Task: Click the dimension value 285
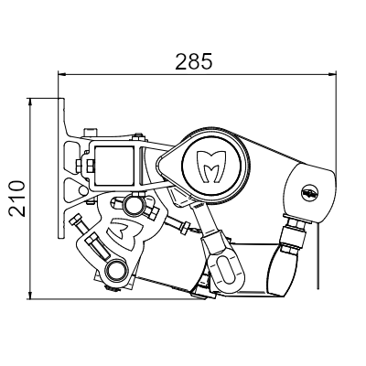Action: tap(193, 61)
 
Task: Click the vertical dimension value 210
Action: tap(17, 199)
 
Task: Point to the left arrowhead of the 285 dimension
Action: tap(62, 74)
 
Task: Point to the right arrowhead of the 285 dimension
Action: tap(332, 74)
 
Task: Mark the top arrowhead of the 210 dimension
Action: tap(30, 102)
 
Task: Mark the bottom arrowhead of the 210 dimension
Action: tap(30, 295)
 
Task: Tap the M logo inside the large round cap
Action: tap(212, 167)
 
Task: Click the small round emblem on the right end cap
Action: tap(310, 192)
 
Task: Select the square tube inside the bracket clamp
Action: tap(114, 166)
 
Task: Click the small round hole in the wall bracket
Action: tap(83, 190)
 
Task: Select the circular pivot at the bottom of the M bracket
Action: tap(115, 270)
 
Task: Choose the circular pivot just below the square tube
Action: tap(133, 206)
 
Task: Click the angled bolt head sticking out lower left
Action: tap(75, 220)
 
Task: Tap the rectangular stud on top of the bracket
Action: tap(91, 133)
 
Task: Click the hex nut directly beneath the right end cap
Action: tap(295, 225)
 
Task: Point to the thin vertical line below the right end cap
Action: tap(318, 255)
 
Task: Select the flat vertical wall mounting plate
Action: tap(61, 168)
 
